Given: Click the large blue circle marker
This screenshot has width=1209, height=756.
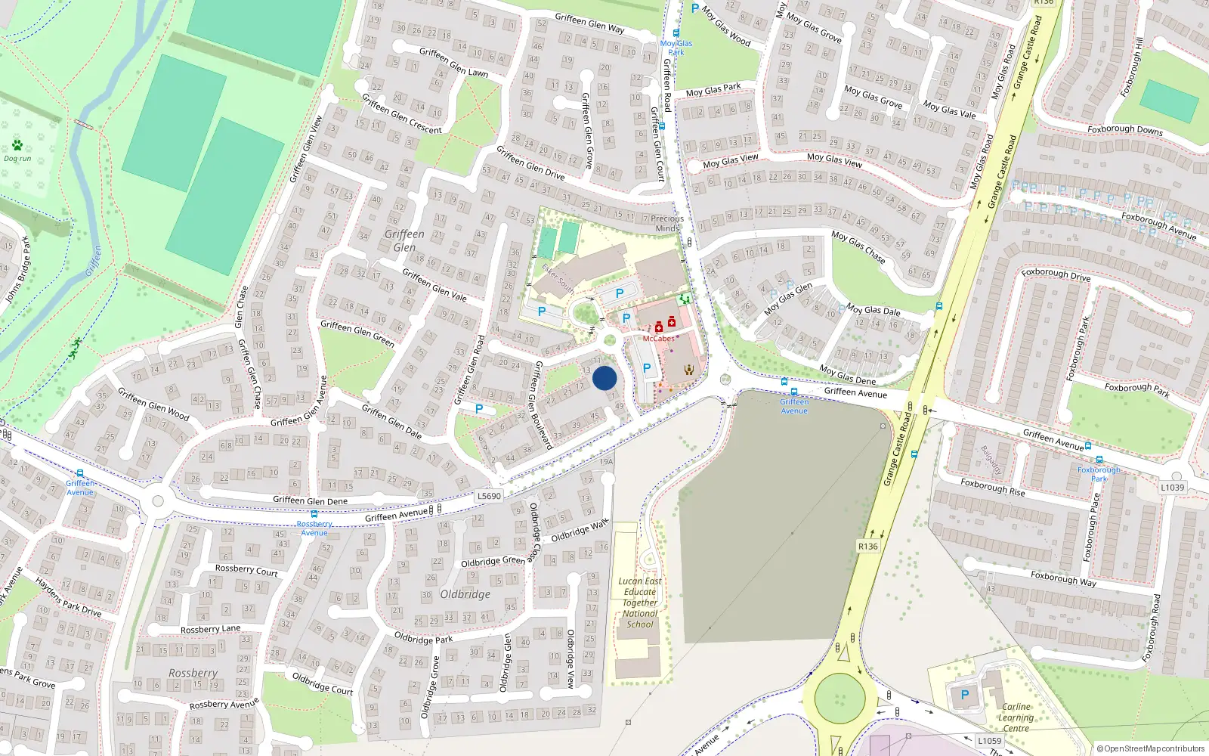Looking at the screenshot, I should [604, 378].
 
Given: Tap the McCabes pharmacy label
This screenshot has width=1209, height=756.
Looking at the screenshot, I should [658, 338].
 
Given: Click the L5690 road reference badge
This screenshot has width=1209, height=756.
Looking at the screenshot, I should [489, 496].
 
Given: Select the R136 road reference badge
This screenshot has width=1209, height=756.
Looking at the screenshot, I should [868, 547].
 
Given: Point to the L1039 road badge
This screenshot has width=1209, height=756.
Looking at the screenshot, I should [1172, 488].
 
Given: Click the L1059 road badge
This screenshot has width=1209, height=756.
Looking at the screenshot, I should [989, 741].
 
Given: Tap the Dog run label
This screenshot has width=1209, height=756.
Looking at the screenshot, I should [17, 159].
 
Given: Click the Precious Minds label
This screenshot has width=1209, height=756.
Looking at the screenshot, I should [667, 223].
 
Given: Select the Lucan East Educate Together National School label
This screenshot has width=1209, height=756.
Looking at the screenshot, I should [640, 603].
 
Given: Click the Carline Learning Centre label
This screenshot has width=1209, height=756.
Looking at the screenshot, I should [1016, 717].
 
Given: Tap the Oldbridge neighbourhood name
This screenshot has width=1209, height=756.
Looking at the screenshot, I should [465, 594].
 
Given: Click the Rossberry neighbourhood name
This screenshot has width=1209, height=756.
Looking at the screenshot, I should [193, 673].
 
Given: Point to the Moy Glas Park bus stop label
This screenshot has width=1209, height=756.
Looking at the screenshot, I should [676, 48].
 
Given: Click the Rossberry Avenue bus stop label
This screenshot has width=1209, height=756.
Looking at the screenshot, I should [314, 528].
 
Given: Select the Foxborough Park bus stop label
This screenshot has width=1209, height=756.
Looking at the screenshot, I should [1099, 474].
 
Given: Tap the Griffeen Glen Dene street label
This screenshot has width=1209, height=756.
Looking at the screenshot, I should [310, 500].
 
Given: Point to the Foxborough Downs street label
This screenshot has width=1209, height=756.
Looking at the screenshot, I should [1124, 129].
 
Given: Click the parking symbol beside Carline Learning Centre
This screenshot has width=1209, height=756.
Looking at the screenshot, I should [964, 695].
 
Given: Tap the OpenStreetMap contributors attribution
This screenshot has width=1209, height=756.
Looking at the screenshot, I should [1151, 748].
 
